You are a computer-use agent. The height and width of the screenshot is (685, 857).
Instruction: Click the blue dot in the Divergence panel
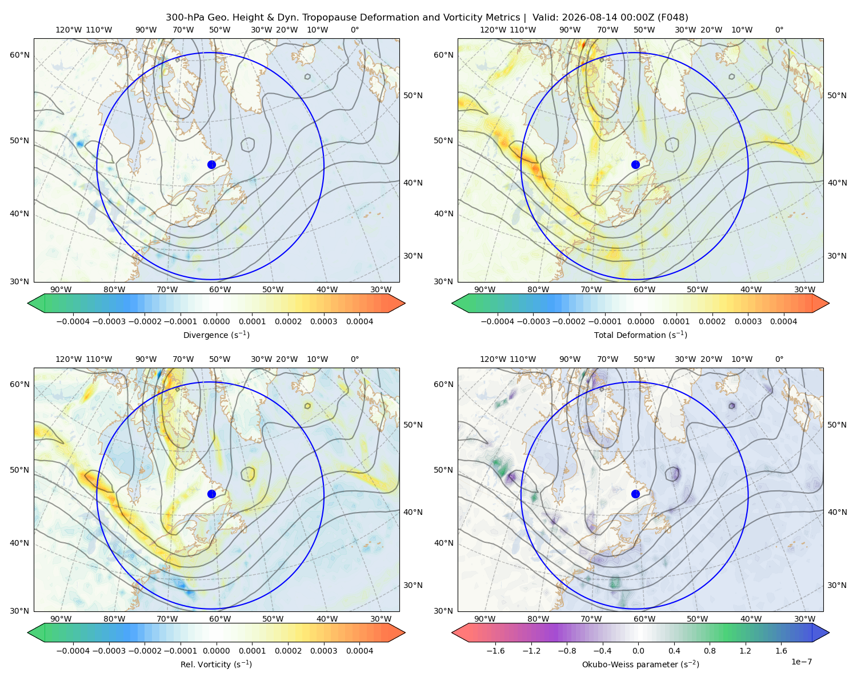pyautogui.click(x=211, y=165)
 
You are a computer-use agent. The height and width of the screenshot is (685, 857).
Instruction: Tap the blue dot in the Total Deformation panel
pyautogui.click(x=635, y=165)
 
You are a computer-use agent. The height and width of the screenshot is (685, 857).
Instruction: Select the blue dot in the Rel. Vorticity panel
pyautogui.click(x=211, y=494)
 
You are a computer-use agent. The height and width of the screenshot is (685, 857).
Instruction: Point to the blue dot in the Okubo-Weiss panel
pyautogui.click(x=635, y=494)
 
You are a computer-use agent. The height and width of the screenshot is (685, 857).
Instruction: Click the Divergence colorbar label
pyautogui.click(x=216, y=335)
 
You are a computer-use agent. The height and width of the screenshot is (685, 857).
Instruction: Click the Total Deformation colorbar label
pyautogui.click(x=640, y=335)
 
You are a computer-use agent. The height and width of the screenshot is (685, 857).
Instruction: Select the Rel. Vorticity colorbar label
pyautogui.click(x=216, y=664)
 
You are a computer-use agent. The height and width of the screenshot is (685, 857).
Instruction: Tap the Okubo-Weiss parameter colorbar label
pyautogui.click(x=640, y=664)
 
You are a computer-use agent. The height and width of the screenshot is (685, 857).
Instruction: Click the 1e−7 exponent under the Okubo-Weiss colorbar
pyautogui.click(x=801, y=662)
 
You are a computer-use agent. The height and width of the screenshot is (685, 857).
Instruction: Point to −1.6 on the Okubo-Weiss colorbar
pyautogui.click(x=495, y=651)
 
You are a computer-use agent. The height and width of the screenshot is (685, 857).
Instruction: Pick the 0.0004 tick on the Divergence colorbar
pyautogui.click(x=359, y=321)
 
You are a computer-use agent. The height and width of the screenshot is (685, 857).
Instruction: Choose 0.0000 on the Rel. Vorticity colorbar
pyautogui.click(x=216, y=651)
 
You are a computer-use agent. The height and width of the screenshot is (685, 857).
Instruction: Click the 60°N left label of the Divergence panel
pyautogui.click(x=19, y=55)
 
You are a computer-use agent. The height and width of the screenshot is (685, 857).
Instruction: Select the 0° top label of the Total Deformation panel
pyautogui.click(x=779, y=30)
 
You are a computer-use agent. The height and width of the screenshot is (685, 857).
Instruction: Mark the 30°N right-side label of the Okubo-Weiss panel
pyautogui.click(x=836, y=585)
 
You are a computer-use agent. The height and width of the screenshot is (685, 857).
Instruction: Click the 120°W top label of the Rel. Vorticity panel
pyautogui.click(x=69, y=359)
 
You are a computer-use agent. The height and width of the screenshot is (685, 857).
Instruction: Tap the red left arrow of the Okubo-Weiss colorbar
pyautogui.click(x=460, y=632)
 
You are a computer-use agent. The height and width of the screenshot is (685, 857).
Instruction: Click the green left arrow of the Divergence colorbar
pyautogui.click(x=36, y=303)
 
